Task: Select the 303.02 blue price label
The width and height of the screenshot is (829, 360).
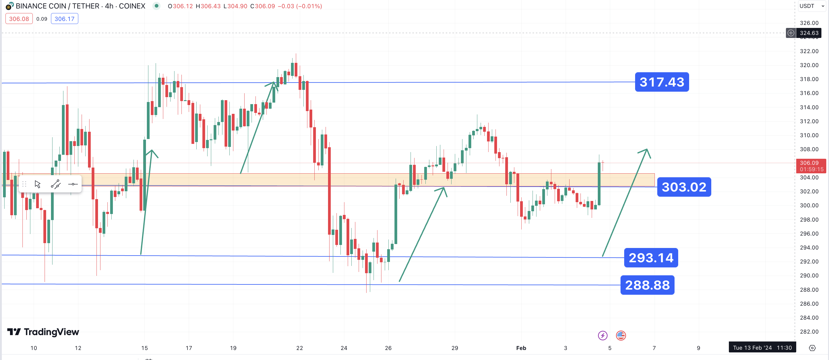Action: tap(684, 187)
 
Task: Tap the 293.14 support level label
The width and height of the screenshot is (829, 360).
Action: tap(651, 258)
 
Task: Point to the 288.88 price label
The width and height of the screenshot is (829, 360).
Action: tap(647, 285)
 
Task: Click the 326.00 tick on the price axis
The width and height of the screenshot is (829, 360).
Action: tap(809, 23)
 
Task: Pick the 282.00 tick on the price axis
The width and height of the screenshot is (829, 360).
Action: tap(809, 331)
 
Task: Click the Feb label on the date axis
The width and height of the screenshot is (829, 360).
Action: tap(521, 348)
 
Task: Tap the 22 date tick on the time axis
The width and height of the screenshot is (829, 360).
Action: tap(299, 348)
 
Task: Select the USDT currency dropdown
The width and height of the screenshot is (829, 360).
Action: tap(811, 6)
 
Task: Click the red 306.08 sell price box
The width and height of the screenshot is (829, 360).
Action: tap(19, 19)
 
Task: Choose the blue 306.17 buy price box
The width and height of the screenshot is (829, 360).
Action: tap(64, 19)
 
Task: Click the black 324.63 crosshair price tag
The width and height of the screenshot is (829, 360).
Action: tap(809, 33)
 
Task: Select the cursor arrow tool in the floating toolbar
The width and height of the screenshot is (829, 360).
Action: tap(38, 184)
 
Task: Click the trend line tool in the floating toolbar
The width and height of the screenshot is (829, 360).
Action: tap(55, 184)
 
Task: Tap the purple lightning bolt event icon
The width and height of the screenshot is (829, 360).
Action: tap(602, 335)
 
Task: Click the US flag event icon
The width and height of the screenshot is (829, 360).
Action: tap(621, 335)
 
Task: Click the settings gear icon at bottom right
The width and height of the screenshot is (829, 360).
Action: tap(812, 348)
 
